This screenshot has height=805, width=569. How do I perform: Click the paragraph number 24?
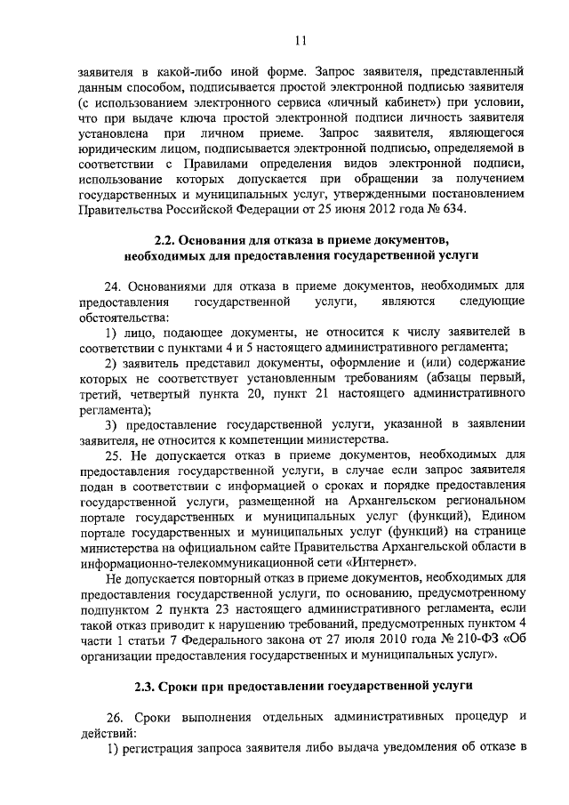114,286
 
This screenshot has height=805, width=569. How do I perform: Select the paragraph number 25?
114,455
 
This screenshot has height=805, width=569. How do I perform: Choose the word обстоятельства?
110,318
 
